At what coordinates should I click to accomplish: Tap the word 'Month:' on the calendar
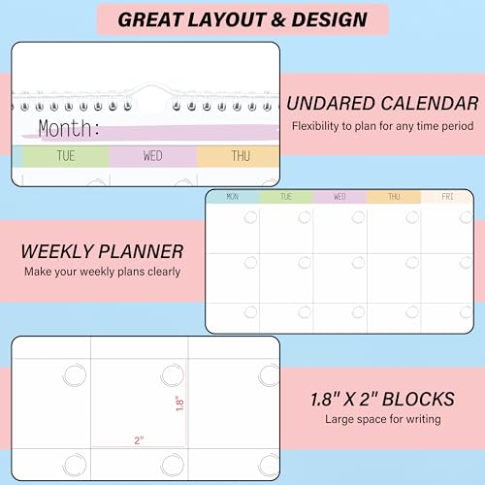69,128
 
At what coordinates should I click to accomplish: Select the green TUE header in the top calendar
66,155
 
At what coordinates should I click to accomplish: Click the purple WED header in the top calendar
152,155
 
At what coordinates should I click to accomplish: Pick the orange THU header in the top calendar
239,155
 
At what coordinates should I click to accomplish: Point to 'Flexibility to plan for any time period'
384,126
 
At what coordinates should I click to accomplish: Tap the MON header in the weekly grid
232,196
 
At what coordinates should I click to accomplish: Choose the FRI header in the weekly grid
447,196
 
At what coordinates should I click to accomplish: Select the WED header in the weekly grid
339,196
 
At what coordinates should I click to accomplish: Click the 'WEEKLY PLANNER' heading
102,251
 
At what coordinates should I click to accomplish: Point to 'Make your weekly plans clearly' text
101,272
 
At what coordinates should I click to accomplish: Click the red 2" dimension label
140,440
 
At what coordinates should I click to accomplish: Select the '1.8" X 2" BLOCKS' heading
383,399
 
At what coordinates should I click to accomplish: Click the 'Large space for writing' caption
384,419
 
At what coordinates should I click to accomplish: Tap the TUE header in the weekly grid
286,196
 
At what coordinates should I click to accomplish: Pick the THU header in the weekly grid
394,196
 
